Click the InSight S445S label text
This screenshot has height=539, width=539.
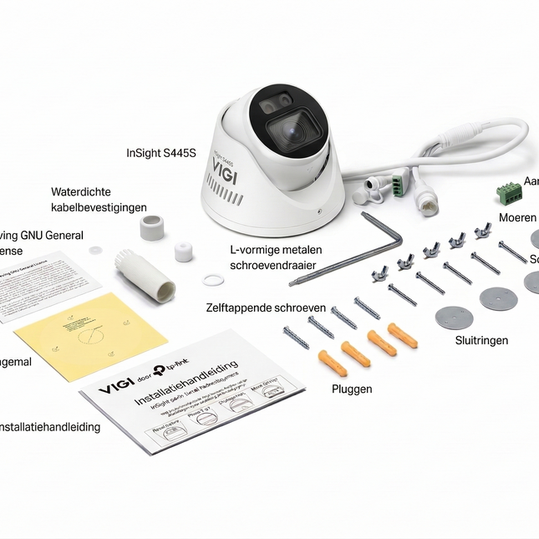coord(160,153)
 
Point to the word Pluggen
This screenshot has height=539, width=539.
coord(352,389)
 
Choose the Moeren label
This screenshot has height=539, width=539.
coord(517,217)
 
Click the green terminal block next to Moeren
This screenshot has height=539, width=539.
coord(509,195)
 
